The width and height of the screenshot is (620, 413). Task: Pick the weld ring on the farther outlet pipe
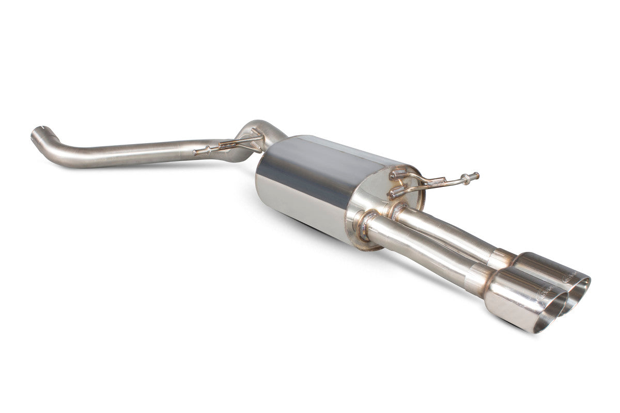tap(398, 210)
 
